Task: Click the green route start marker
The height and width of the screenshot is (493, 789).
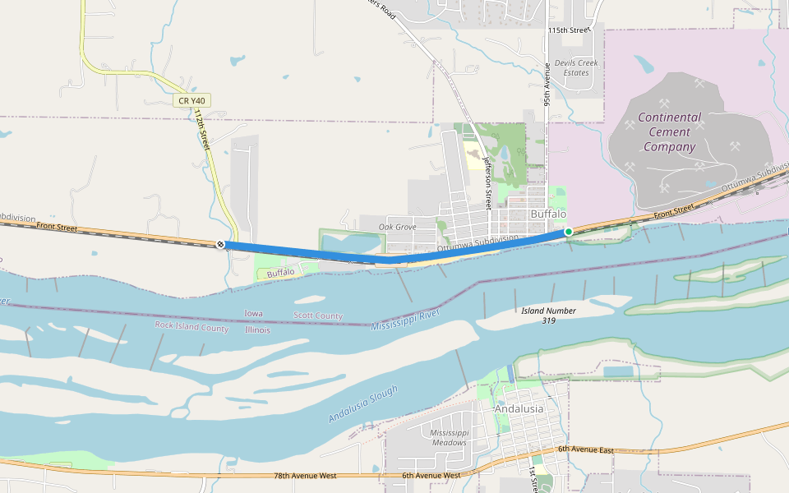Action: (x=568, y=232)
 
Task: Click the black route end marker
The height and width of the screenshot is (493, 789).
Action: (x=220, y=244)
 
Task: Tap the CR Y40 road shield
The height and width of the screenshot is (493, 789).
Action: (x=191, y=101)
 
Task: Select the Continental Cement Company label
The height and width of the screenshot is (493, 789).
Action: (x=670, y=131)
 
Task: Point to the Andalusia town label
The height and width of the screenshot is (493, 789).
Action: (x=519, y=408)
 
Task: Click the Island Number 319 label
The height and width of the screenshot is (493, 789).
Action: (x=548, y=315)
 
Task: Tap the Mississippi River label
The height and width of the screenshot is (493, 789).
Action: (x=405, y=320)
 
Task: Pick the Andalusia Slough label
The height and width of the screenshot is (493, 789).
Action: (x=362, y=403)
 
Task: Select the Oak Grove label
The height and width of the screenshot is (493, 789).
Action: (x=397, y=227)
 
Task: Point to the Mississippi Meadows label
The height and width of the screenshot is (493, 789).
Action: (x=449, y=437)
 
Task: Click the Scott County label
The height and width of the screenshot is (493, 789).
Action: (x=318, y=316)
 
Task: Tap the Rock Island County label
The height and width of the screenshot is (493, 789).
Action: (x=191, y=326)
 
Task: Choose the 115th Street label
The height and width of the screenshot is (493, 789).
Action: (x=570, y=30)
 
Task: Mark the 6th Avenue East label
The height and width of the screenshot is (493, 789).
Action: (x=586, y=449)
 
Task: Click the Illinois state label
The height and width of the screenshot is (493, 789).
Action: (x=257, y=329)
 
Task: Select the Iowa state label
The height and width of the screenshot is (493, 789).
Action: (x=254, y=314)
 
